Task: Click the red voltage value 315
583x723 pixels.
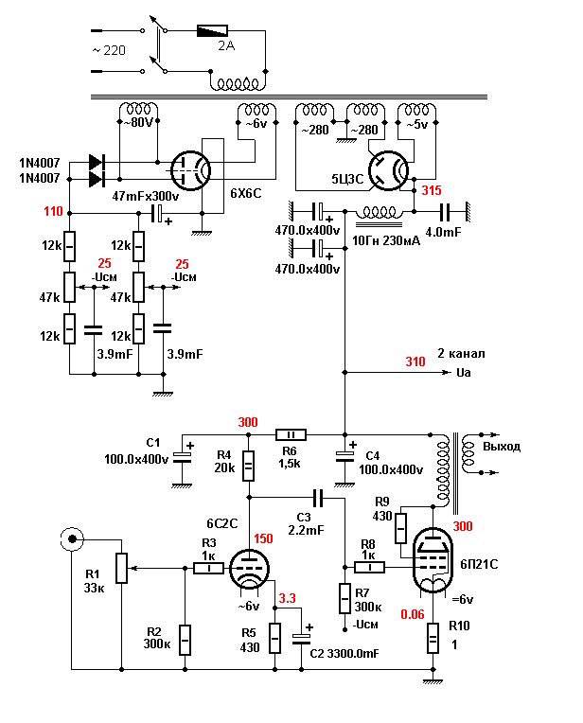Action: (432, 191)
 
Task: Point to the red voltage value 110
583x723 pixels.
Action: (53, 211)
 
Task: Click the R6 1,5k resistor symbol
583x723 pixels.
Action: (290, 434)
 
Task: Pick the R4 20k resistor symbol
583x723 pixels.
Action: (248, 466)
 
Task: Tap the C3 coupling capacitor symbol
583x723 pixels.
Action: (320, 496)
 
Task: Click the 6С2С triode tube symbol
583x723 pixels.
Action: (248, 567)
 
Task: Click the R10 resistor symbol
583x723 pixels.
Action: (433, 639)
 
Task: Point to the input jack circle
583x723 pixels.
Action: (70, 540)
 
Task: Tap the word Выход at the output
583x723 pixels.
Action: (502, 446)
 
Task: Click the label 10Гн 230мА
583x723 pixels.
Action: (387, 241)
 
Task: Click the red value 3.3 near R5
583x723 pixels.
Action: (288, 599)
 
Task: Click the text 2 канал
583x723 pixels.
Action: (461, 354)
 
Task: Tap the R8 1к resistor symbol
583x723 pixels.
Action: (370, 568)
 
